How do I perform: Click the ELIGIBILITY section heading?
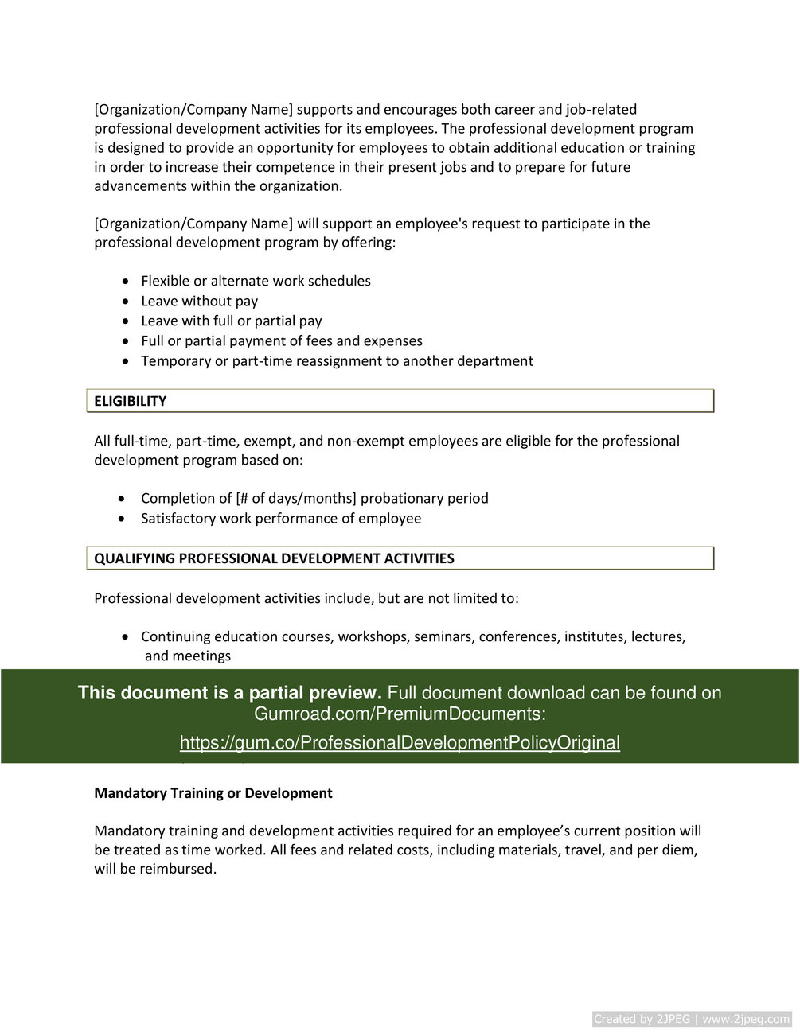tap(131, 401)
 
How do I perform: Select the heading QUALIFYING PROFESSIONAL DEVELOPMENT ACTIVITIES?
tap(274, 558)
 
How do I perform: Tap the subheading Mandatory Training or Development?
tap(213, 793)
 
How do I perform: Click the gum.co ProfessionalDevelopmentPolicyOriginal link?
tap(400, 742)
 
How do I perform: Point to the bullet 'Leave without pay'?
tap(199, 301)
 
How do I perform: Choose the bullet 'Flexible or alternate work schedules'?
tap(256, 281)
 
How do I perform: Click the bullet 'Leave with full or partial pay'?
tap(231, 321)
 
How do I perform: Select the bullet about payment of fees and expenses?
tap(281, 340)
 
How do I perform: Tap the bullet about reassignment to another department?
tap(337, 360)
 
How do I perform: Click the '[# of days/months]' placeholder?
tap(296, 498)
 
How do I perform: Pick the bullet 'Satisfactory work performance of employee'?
tap(281, 518)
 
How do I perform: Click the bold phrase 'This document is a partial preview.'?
tap(230, 693)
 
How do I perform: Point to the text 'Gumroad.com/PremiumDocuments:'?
tap(400, 714)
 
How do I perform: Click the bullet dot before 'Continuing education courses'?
tap(126, 637)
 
